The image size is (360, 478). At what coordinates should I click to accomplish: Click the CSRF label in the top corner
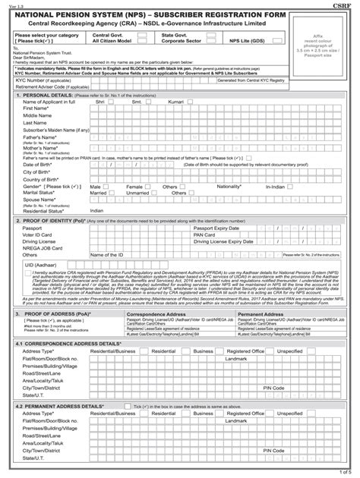(349, 4)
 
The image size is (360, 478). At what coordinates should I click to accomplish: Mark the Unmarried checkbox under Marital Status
(154, 193)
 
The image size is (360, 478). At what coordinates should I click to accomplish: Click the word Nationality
(229, 185)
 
